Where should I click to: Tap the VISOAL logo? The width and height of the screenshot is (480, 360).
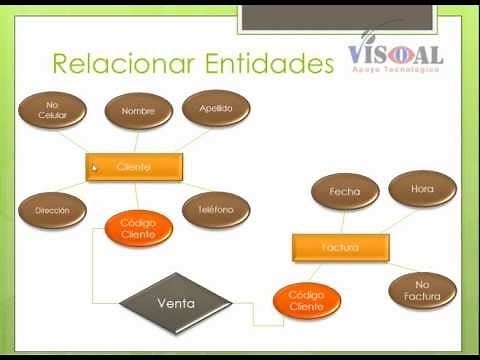(x=395, y=52)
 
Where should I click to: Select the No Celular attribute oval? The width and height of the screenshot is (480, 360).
(x=53, y=108)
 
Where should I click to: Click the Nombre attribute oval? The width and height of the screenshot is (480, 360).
(x=138, y=112)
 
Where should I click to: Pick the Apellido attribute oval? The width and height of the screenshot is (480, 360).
(x=215, y=108)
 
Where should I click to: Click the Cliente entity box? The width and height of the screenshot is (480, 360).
(x=134, y=167)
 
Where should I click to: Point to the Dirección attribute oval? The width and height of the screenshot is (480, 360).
(x=51, y=211)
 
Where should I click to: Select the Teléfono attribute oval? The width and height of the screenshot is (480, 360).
(x=214, y=210)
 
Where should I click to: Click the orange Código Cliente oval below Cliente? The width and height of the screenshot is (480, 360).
(x=138, y=228)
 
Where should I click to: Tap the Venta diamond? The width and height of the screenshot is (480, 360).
(x=176, y=302)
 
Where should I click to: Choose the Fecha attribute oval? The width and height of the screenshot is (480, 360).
(x=345, y=191)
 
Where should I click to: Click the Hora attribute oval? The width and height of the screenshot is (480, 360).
(x=422, y=188)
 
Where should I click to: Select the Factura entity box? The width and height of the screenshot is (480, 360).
(x=340, y=246)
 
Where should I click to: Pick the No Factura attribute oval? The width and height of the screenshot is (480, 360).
(x=422, y=291)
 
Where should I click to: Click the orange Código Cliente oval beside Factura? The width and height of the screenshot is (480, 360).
(x=306, y=300)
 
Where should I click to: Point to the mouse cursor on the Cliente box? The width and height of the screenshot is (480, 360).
(x=94, y=167)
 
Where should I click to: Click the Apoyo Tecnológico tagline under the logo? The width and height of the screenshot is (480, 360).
(x=396, y=70)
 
